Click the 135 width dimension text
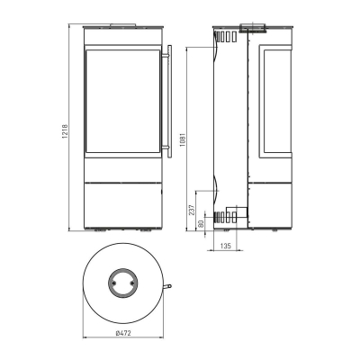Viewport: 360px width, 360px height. click(227, 244)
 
